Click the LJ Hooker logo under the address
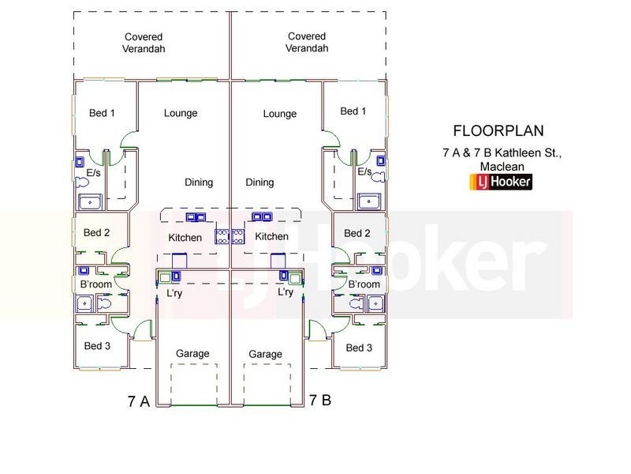coord(501,182)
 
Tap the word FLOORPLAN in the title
coord(498,130)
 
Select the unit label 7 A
coord(139,401)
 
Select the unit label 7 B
coord(320,401)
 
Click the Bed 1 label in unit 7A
coord(102,113)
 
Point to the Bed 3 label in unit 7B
coord(359,348)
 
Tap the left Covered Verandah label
coord(144,43)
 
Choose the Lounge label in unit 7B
coord(280,114)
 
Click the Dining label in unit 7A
coord(199,182)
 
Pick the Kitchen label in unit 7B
coord(271,236)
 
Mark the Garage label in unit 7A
coord(192,353)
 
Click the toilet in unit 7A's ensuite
coord(82,182)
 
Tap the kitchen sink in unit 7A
coord(196,217)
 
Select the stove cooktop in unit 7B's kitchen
coord(238,236)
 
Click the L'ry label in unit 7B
coord(286,292)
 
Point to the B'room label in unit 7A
coord(95,284)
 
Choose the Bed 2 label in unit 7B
coord(357,233)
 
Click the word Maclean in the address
coord(502,167)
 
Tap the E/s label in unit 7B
coord(364,171)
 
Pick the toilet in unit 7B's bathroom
coord(357,303)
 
